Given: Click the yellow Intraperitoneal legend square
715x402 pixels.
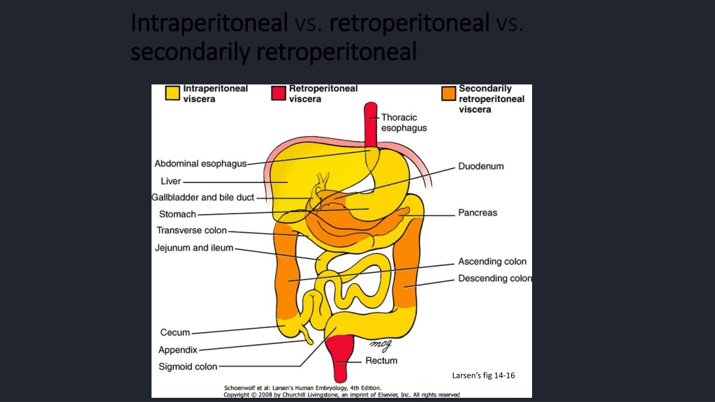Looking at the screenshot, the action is (x=172, y=93).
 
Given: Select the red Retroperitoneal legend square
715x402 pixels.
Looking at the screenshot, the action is (x=279, y=93).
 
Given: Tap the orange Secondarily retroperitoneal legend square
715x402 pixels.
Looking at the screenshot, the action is (x=449, y=93).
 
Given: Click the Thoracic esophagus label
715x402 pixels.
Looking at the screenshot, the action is (x=404, y=123).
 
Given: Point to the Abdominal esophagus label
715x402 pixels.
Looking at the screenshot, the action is (x=200, y=163).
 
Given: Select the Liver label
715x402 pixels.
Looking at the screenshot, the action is (x=170, y=181).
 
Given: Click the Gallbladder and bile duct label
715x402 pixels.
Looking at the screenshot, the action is (x=203, y=198).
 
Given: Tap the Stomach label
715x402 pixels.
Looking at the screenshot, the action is (x=177, y=214).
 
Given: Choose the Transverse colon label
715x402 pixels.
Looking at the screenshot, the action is (x=191, y=230).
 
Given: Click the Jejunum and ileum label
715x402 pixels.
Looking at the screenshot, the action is (x=194, y=248).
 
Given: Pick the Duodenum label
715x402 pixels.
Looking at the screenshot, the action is (x=481, y=166).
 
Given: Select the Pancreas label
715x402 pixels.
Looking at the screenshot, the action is (x=478, y=213).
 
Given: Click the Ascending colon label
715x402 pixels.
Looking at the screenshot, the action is (x=492, y=262).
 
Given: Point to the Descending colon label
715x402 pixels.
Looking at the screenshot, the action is (x=495, y=278).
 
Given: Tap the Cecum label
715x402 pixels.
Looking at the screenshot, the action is (x=175, y=333).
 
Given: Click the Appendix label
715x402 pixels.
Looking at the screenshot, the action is (x=178, y=350).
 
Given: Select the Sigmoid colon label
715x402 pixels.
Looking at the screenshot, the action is (x=188, y=366).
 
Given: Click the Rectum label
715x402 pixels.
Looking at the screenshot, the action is (x=381, y=361).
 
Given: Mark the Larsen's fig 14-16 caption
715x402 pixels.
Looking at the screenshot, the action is (x=483, y=375).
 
